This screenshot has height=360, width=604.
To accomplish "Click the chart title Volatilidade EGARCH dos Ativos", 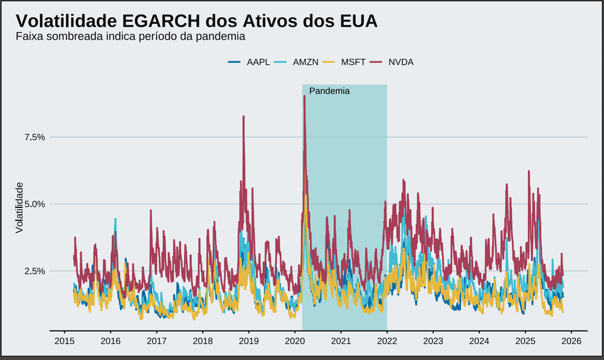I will [x=196, y=21].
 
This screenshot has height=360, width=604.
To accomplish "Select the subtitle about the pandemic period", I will [x=131, y=37].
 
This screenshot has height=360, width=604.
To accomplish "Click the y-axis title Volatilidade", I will [x=20, y=207].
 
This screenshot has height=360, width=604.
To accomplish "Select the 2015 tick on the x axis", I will [x=64, y=340].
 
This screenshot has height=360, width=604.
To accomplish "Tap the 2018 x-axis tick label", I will [x=202, y=340].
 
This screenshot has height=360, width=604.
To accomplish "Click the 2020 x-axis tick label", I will [x=295, y=340].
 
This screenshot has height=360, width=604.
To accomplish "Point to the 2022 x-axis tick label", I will [x=387, y=340].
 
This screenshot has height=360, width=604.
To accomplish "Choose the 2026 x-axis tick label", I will [x=571, y=340].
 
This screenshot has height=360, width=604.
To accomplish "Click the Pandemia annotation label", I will [x=329, y=91].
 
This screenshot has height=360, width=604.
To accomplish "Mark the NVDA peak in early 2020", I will [x=304, y=96].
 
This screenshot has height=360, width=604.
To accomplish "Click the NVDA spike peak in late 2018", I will [x=244, y=116].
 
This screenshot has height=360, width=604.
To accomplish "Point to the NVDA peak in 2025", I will [x=528, y=171].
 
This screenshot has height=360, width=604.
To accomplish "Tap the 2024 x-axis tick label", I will [x=479, y=340].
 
